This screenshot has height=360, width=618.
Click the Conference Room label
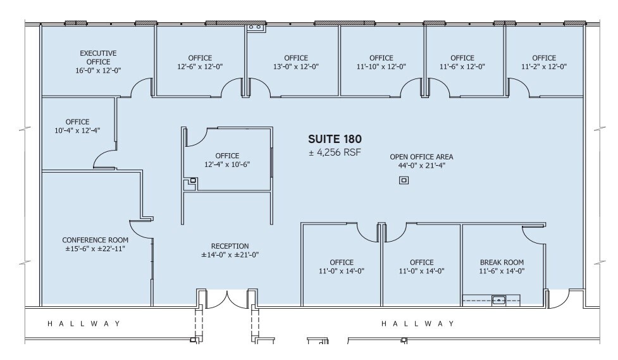[95, 240]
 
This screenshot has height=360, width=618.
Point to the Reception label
[230, 246]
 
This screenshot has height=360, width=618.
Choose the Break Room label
[502, 262]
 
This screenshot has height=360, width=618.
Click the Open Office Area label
[421, 157]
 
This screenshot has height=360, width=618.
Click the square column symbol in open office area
[404, 181]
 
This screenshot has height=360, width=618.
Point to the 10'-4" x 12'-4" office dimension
[77, 130]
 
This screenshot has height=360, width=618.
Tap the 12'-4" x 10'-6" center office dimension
[227, 164]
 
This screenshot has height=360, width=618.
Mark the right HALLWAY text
[417, 324]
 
